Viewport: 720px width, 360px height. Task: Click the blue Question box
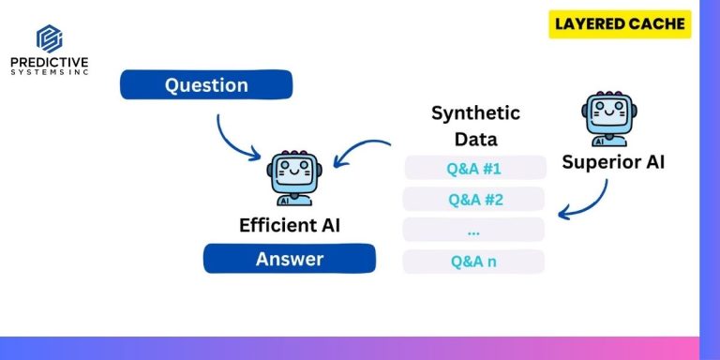206,85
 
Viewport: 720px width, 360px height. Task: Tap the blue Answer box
289,259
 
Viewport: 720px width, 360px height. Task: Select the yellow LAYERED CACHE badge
619,24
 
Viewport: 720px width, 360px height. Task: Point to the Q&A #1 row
475,168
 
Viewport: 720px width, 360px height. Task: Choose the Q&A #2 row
475,199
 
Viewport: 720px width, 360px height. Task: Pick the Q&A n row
473,262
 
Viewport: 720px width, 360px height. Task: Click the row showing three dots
473,230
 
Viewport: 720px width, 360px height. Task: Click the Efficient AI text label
289,225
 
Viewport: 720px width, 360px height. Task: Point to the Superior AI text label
613,162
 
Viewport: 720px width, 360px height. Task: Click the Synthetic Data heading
475,126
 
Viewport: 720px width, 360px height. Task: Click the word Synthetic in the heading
475,113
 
